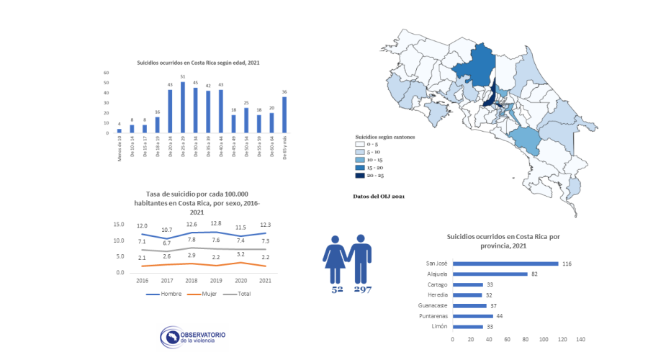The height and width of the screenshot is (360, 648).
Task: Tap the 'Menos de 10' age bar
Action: click(x=120, y=131)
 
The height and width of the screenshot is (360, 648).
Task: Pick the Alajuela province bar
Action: click(x=490, y=274)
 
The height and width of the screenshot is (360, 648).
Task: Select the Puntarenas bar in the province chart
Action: click(x=473, y=316)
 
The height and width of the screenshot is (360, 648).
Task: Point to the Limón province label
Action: click(x=438, y=327)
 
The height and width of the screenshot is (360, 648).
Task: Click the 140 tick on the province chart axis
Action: click(x=580, y=339)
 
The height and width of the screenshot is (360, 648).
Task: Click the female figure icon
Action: click(x=336, y=258)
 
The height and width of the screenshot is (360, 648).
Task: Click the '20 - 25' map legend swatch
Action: click(x=359, y=176)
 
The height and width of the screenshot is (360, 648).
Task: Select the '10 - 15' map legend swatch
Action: click(x=359, y=159)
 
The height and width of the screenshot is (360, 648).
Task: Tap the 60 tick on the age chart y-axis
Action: click(x=106, y=73)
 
